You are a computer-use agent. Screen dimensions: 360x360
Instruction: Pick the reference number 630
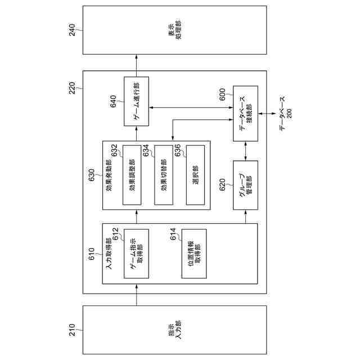(x=92, y=176)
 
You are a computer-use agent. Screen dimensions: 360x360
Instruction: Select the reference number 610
(x=92, y=258)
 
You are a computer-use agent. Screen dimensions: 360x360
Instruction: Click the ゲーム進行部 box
(x=136, y=101)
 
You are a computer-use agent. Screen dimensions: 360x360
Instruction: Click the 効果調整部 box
(x=132, y=175)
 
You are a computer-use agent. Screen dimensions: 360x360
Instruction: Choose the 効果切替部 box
(x=163, y=175)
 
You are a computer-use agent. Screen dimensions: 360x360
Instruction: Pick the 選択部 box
(x=195, y=175)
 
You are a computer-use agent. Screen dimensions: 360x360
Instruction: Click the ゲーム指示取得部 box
(x=136, y=254)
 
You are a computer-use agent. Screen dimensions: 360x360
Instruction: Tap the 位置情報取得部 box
(x=193, y=254)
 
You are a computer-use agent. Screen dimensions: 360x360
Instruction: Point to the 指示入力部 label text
(x=174, y=329)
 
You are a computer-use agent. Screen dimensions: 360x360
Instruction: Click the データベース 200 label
(x=285, y=113)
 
